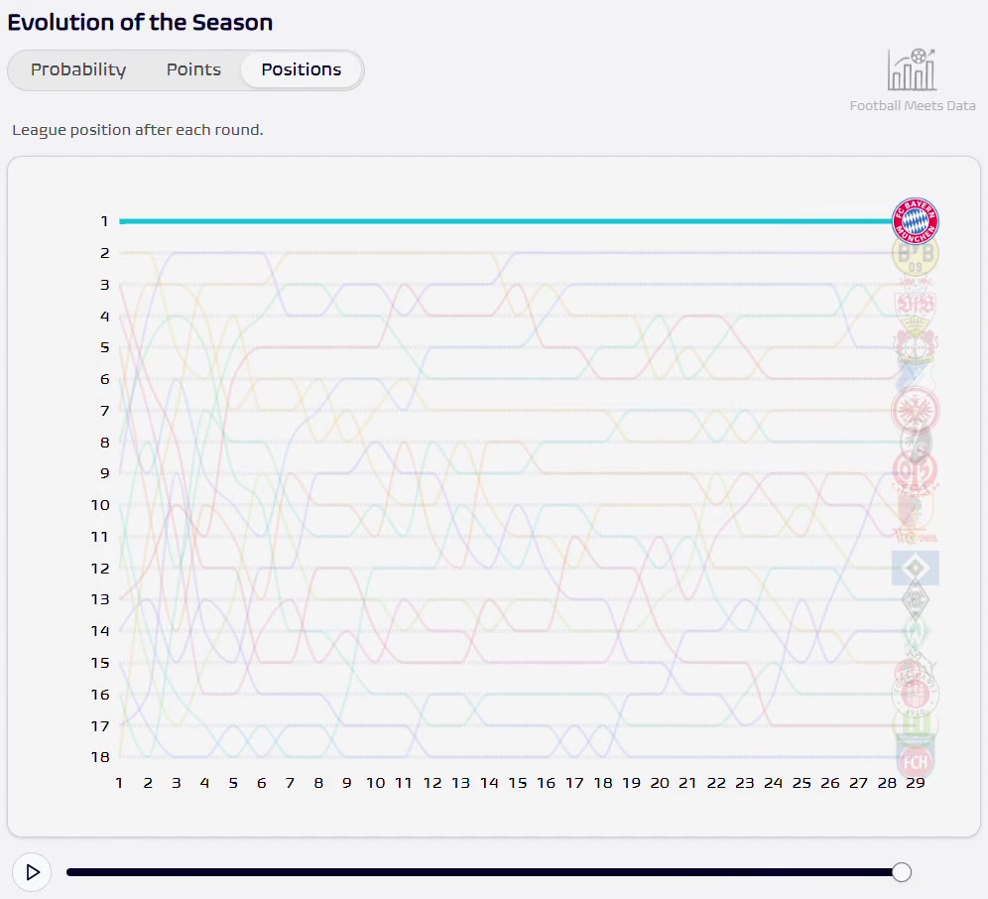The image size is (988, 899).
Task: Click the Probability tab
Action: (x=78, y=69)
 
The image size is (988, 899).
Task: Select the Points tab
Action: (x=193, y=69)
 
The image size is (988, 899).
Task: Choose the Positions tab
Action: (x=302, y=69)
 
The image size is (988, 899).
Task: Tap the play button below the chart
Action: (x=32, y=872)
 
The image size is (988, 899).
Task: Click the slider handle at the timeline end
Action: (x=901, y=872)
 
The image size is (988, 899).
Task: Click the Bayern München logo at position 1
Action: (x=915, y=221)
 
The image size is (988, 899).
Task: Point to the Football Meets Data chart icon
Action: (x=912, y=69)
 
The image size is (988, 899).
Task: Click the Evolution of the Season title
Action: (x=140, y=22)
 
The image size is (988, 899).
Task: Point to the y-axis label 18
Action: (x=99, y=757)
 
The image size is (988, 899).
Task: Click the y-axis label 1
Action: (x=103, y=221)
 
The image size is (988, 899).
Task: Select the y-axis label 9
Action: (x=103, y=473)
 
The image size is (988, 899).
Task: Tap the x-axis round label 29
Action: (x=915, y=783)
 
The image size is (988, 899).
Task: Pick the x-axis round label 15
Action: (x=517, y=783)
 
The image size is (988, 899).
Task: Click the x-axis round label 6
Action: (x=261, y=783)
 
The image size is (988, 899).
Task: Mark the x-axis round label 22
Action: (x=716, y=783)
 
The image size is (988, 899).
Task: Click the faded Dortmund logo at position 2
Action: (x=915, y=254)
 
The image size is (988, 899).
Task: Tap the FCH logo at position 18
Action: (x=915, y=761)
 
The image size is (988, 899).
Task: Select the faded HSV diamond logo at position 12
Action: (x=915, y=568)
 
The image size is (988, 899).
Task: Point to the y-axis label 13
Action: (x=99, y=599)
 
